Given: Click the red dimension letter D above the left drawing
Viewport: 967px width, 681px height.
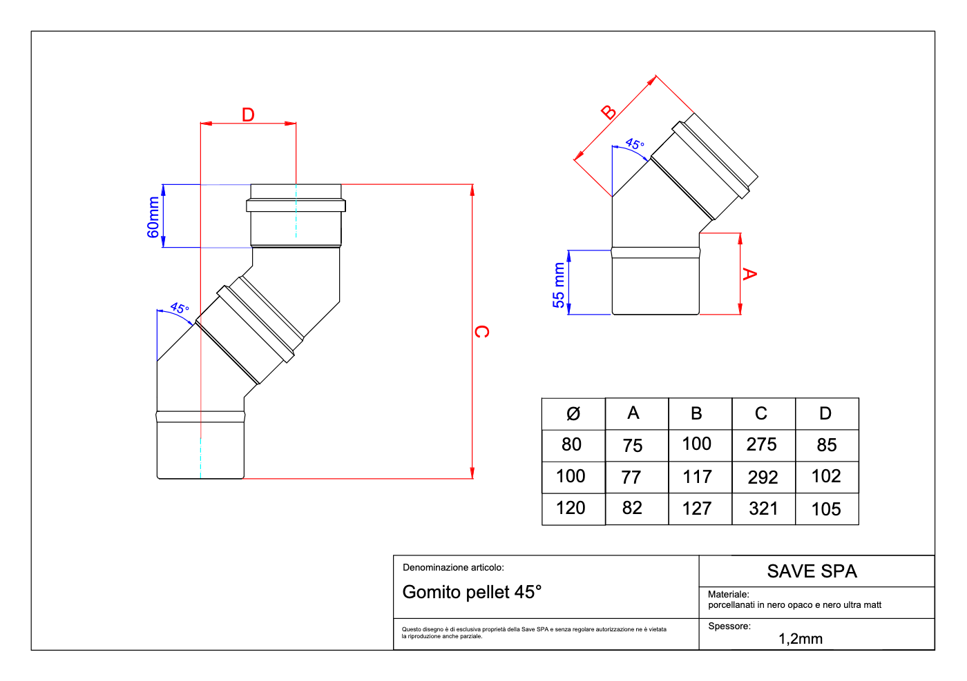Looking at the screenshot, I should [248, 115].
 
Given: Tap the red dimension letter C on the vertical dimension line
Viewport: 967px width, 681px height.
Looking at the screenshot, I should [481, 332].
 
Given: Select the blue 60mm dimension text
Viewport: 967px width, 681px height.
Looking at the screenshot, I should [153, 217].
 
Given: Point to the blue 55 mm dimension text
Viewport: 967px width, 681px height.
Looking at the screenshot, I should [559, 285].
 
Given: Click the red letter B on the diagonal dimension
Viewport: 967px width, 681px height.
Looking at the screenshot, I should [609, 112].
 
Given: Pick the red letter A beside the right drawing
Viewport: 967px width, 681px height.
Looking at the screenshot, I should [749, 274].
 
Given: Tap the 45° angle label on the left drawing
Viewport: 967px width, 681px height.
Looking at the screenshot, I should [180, 308].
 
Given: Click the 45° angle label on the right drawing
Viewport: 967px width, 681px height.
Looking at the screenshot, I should [635, 144].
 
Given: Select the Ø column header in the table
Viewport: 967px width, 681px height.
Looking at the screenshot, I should [573, 414].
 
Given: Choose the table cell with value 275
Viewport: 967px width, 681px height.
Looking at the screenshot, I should [761, 445].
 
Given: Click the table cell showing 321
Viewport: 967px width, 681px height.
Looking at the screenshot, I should [763, 509].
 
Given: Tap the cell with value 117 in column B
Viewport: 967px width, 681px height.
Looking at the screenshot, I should [697, 477].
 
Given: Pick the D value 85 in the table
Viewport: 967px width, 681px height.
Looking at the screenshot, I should [826, 446].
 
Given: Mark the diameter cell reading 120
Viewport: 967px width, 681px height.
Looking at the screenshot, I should [571, 509].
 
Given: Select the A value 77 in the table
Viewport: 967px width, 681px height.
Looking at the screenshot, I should [631, 477].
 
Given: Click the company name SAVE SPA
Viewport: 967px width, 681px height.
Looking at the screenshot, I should [812, 571].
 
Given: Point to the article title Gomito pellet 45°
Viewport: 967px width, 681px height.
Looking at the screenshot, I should [472, 592].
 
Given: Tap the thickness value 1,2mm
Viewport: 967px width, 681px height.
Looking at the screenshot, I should [800, 639].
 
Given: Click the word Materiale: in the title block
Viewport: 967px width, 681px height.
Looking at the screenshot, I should [728, 594].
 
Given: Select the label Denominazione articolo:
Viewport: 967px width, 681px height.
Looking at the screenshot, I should [453, 568].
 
